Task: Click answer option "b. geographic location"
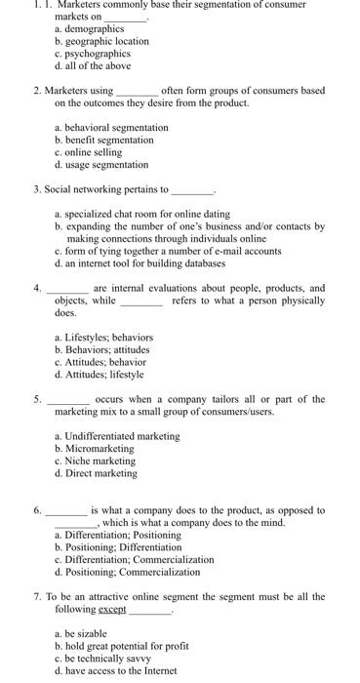tap(101, 41)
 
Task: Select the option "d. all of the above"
tap(92, 65)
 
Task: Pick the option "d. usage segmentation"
tap(101, 165)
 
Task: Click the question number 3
tap(36, 189)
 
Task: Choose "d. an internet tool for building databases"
tap(140, 262)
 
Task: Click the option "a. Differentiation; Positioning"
tap(116, 535)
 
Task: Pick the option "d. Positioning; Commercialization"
tap(121, 572)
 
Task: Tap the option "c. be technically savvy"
tap(103, 659)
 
